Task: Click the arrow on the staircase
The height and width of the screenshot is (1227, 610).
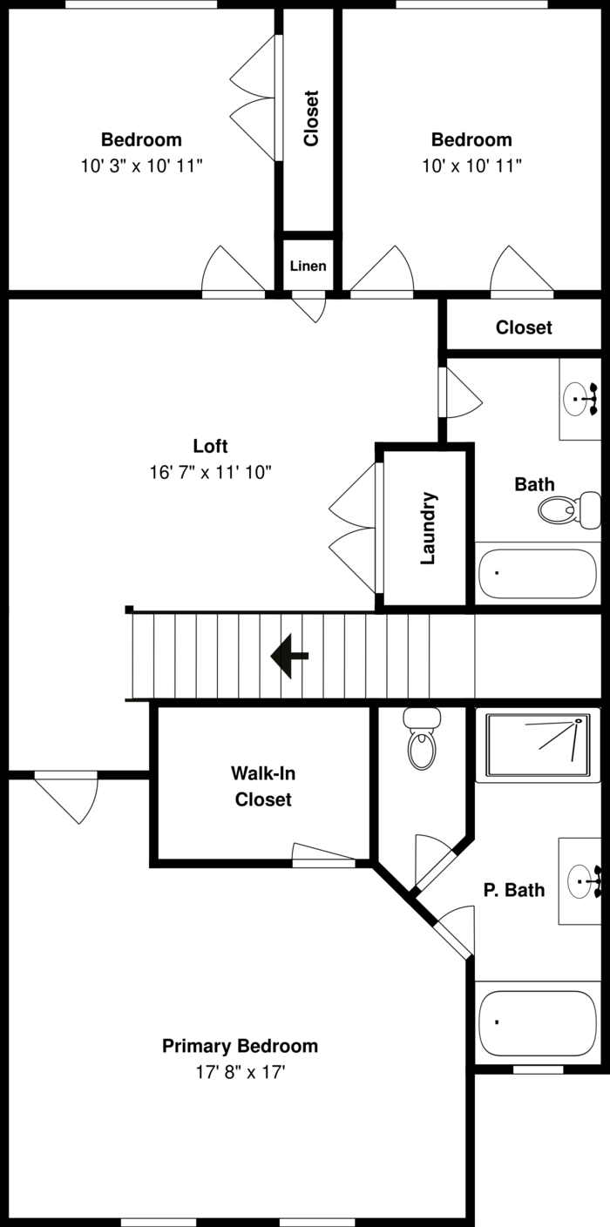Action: coord(289,657)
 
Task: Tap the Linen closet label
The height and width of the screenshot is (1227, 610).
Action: coord(308,266)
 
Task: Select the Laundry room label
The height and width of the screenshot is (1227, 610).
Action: coord(428,528)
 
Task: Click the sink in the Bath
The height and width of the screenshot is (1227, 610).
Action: coord(579,400)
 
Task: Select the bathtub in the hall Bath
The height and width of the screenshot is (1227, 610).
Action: coord(538,573)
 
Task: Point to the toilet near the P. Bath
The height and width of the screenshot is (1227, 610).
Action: coord(422,741)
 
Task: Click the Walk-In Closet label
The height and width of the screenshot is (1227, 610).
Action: coord(262,785)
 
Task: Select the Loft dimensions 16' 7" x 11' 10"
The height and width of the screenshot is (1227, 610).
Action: coord(211,473)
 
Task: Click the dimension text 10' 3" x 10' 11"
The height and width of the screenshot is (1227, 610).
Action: coord(142,165)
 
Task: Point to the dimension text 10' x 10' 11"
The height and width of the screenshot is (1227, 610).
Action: coord(471,165)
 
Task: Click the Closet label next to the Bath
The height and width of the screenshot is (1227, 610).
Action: coord(524,327)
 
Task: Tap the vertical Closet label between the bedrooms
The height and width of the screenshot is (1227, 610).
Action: coord(311,118)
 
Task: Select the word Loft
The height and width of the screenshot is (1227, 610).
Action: coord(210,446)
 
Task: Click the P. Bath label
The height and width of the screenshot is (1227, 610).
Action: coord(514,890)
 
